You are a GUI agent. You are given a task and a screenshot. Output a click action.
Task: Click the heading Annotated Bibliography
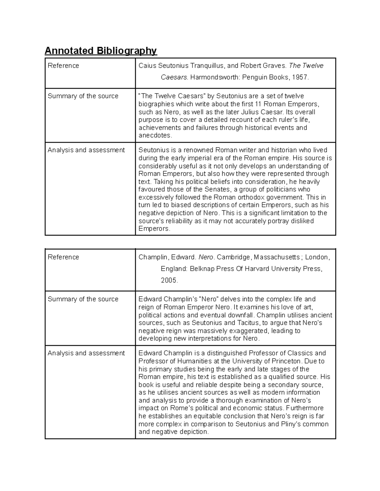pyautogui.click(x=101, y=51)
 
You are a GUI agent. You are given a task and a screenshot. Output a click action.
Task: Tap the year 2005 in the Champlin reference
pyautogui.click(x=169, y=280)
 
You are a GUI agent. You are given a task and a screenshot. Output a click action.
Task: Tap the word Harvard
pyautogui.click(x=257, y=269)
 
